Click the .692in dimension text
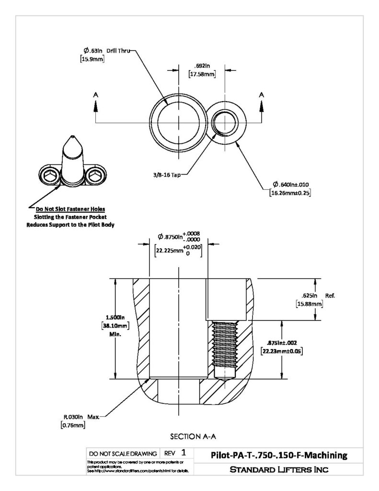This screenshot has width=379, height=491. pyautogui.click(x=202, y=66)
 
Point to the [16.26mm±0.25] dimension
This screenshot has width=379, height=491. pyautogui.click(x=290, y=193)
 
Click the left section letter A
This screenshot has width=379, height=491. pyautogui.click(x=95, y=94)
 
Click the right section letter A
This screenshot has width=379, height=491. pyautogui.click(x=262, y=94)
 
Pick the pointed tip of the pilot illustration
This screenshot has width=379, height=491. pyautogui.click(x=72, y=136)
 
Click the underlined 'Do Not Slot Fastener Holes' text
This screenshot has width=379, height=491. pyautogui.click(x=70, y=209)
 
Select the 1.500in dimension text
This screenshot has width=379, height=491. pyautogui.click(x=115, y=317)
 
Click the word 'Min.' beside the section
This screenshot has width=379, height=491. pyautogui.click(x=115, y=334)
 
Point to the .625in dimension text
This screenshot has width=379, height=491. pyautogui.click(x=309, y=295)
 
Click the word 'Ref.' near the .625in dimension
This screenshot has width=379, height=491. pyautogui.click(x=330, y=295)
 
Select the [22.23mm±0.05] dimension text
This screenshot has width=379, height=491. pyautogui.click(x=282, y=351)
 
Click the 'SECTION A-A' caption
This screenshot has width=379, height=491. pyautogui.click(x=193, y=436)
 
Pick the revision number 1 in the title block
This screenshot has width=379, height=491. pyautogui.click(x=184, y=453)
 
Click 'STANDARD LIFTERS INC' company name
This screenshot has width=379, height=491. pyautogui.click(x=279, y=469)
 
